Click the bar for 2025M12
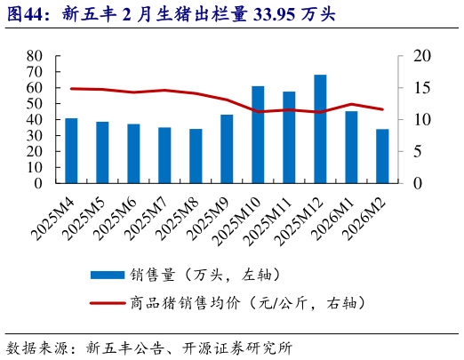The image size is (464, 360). [x=320, y=130]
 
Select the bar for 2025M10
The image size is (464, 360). [x=258, y=135]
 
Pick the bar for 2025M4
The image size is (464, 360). [x=71, y=151]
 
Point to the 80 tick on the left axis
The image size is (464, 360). [x=35, y=55]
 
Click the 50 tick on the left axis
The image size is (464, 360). [x=35, y=103]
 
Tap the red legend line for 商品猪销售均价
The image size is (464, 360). [x=106, y=303]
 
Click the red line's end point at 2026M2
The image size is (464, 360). [x=382, y=109]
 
